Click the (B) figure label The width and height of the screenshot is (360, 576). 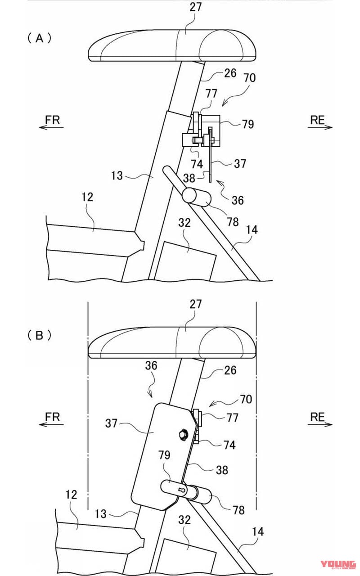pyautogui.click(x=40, y=335)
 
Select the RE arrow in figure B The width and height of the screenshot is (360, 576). pyautogui.click(x=320, y=420)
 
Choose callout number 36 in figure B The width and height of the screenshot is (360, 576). pyautogui.click(x=151, y=366)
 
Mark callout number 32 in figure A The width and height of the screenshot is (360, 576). pyautogui.click(x=184, y=222)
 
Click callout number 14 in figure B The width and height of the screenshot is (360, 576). pyautogui.click(x=257, y=531)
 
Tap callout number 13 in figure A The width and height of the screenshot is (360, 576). pyautogui.click(x=117, y=175)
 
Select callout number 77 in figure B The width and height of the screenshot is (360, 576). pyautogui.click(x=232, y=418)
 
